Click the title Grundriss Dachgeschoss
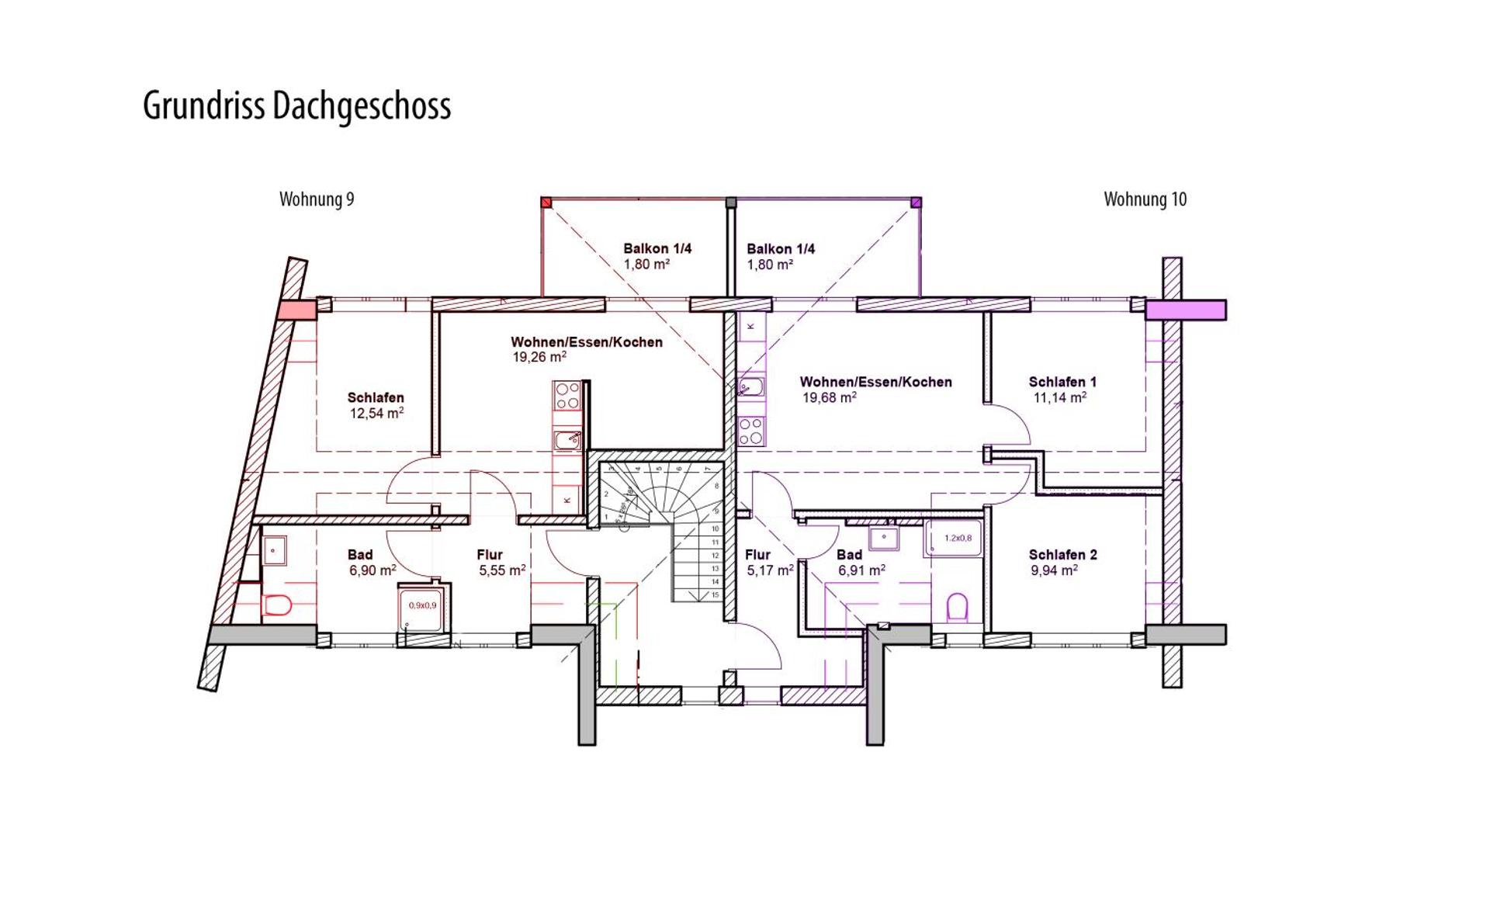tap(296, 106)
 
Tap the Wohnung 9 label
tap(317, 199)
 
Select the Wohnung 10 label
tap(1145, 199)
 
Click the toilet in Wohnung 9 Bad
tap(277, 604)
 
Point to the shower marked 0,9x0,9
tap(423, 606)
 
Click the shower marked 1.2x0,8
tap(953, 538)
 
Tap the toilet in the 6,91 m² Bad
tap(958, 608)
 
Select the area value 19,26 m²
tap(539, 357)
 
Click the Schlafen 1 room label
tap(1062, 382)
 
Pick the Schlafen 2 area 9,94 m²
tap(1053, 570)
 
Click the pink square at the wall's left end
tap(296, 310)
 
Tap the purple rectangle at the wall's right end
tap(1185, 310)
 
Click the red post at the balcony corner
tap(546, 203)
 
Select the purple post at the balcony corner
tap(916, 203)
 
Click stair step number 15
tap(715, 594)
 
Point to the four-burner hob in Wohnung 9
tap(567, 395)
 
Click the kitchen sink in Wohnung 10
tap(751, 386)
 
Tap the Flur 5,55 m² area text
tap(501, 570)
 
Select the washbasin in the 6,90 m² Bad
tap(274, 551)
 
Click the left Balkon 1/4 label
tap(657, 248)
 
